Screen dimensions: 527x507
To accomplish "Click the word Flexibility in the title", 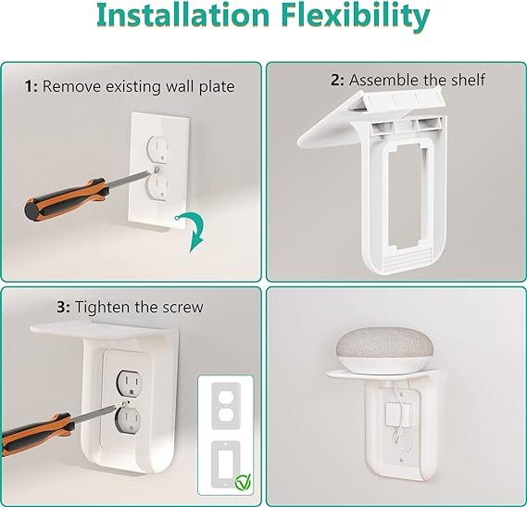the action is tap(356, 16).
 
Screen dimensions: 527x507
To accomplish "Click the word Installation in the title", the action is tap(182, 15).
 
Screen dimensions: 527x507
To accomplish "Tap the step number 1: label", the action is tap(31, 87).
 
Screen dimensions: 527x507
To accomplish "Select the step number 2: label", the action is tap(337, 80).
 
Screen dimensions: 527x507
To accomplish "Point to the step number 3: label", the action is tap(64, 307).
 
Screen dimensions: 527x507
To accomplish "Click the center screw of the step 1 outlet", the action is tap(156, 170).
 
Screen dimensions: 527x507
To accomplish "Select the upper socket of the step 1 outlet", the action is tap(157, 148).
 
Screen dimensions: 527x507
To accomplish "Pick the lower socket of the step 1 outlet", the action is tap(156, 189).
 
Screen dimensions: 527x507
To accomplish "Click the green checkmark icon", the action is tap(243, 482).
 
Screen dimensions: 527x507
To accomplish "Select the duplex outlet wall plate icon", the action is tap(226, 406).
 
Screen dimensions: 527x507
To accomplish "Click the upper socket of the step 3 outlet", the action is tap(130, 383).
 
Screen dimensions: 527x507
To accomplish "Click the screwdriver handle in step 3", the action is tap(36, 435).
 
